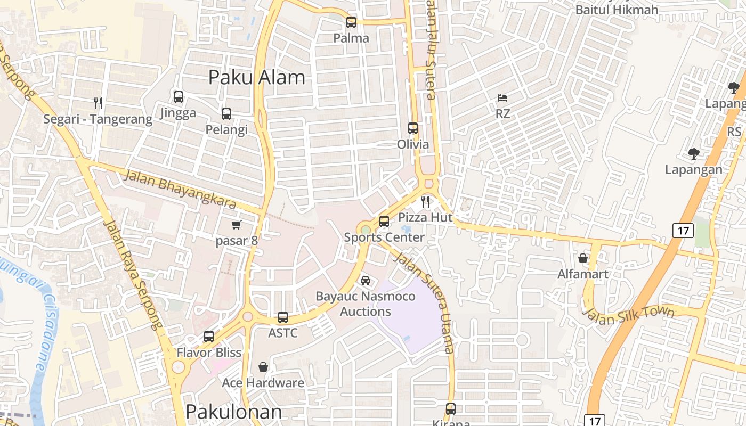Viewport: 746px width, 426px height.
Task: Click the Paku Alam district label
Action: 256,77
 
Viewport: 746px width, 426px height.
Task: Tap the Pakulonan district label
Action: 233,412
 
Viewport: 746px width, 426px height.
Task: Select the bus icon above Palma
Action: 351,22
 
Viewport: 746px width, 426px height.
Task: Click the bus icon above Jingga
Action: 179,97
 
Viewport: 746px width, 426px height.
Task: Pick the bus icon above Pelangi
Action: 226,113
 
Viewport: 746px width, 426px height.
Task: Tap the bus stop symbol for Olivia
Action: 413,128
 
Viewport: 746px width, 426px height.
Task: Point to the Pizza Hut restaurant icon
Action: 425,201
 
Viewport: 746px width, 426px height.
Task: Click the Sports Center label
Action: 384,237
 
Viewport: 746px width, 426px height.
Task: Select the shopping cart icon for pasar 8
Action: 237,225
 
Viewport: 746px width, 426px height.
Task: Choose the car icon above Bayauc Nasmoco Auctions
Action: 366,280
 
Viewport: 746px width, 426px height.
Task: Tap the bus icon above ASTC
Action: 283,317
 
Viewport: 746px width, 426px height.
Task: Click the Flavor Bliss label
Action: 209,353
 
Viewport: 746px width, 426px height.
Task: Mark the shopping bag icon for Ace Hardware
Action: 263,367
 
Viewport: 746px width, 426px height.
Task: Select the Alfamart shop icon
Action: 583,258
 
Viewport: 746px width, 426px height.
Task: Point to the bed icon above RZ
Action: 502,98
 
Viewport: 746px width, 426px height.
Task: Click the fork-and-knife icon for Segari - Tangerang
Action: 98,103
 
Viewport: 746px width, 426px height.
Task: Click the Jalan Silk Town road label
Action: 629,315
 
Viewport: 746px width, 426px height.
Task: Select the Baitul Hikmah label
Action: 617,10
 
